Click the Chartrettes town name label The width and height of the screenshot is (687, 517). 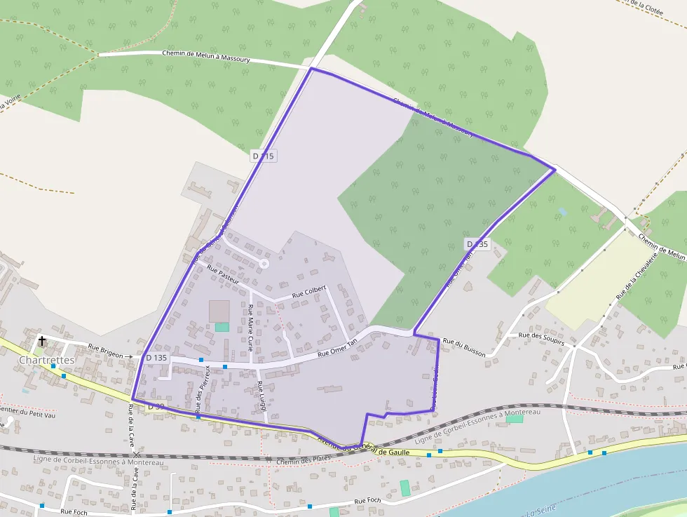click(x=47, y=360)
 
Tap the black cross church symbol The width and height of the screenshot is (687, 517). click(x=42, y=341)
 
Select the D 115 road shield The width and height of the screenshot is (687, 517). click(x=263, y=156)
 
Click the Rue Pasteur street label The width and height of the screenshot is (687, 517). click(x=224, y=274)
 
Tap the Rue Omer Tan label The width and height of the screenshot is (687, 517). click(x=337, y=348)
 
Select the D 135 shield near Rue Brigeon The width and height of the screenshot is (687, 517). click(x=156, y=358)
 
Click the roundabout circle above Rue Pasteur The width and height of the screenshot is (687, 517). click(x=264, y=264)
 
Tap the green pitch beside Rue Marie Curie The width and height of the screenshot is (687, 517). click(x=222, y=327)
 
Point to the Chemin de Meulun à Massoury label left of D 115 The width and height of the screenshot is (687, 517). click(x=206, y=56)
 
